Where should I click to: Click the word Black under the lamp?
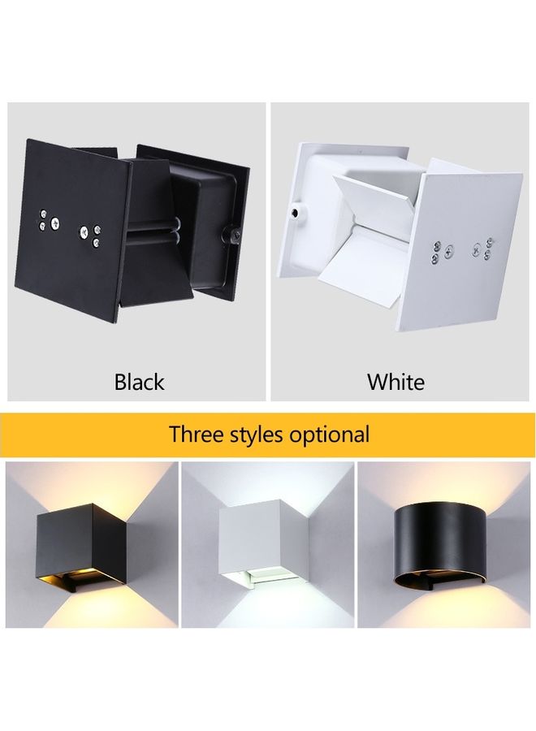(139, 382)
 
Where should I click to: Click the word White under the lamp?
(396, 382)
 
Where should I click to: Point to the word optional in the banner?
(329, 435)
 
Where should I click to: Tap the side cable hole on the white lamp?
(296, 213)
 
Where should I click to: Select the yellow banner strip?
(268, 435)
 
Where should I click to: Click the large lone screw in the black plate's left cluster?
(55, 224)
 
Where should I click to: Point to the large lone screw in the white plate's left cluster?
(450, 253)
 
